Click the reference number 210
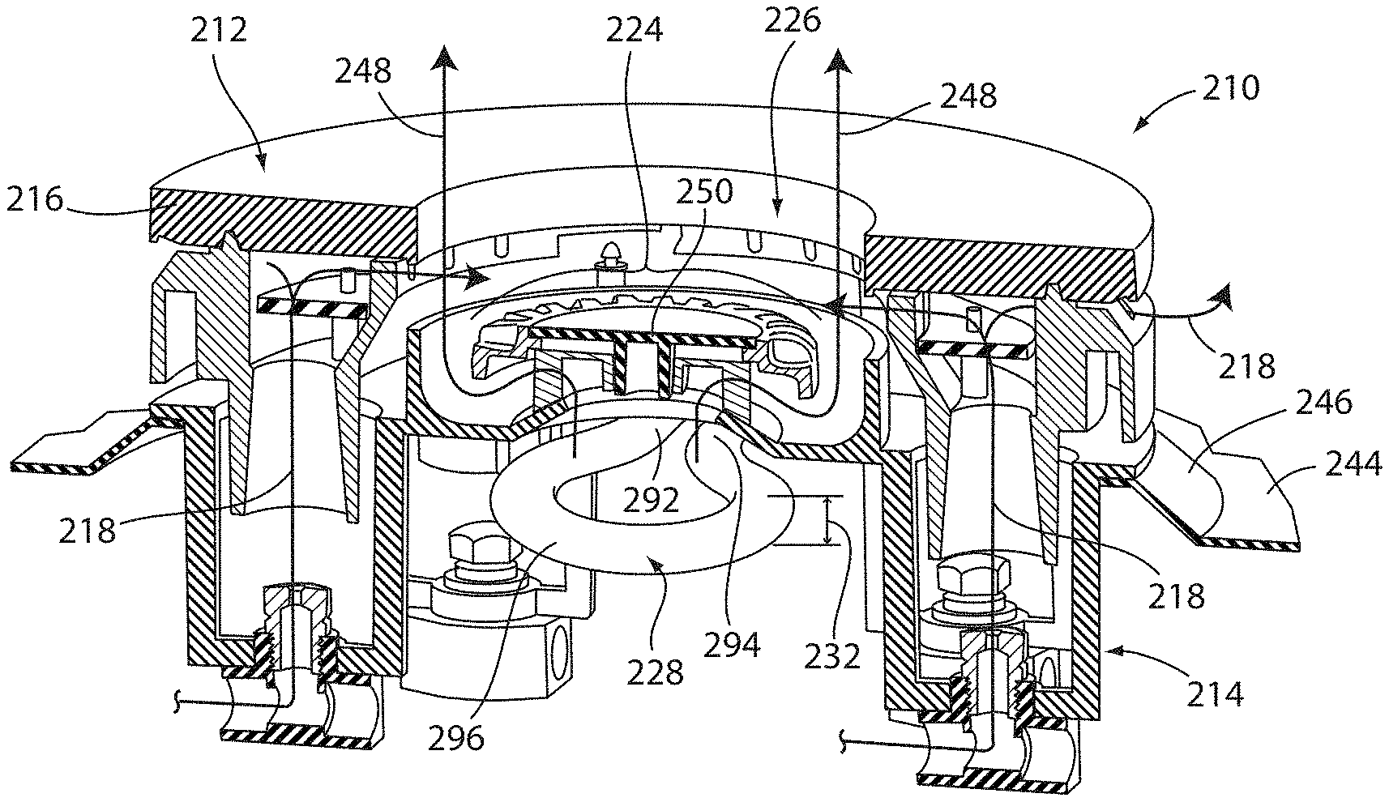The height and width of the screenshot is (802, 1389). tap(1230, 88)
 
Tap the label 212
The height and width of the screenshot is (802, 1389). tap(218, 30)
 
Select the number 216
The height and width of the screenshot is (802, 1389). tap(35, 199)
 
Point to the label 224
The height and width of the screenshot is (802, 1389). tap(635, 30)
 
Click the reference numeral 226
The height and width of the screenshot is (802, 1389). tap(792, 21)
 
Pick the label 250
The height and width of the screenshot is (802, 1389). tap(704, 192)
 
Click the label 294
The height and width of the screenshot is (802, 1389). tap(732, 645)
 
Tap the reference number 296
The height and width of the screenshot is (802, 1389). tap(457, 738)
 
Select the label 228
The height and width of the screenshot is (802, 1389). tap(654, 672)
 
